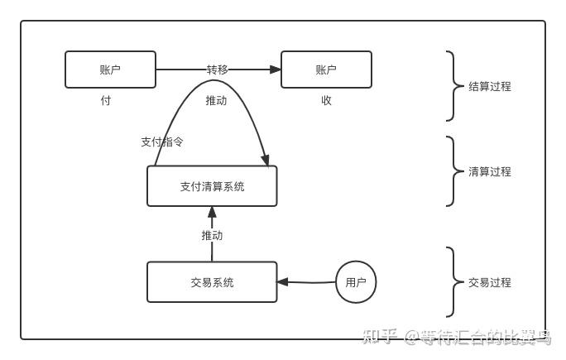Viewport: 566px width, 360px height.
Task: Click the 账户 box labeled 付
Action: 110,70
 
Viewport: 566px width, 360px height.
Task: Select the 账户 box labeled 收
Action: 326,70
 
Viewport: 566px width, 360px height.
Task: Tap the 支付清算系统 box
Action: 212,186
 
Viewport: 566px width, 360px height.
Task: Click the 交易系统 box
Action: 212,282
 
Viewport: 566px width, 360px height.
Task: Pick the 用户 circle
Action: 356,282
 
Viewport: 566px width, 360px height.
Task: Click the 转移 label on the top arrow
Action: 217,70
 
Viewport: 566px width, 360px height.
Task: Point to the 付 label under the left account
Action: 105,100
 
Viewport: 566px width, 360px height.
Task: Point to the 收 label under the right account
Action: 326,100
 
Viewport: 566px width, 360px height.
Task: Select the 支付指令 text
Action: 162,142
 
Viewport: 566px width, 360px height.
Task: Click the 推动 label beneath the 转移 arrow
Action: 216,100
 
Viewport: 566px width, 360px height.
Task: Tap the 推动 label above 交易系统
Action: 212,235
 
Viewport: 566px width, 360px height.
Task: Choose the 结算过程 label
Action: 490,86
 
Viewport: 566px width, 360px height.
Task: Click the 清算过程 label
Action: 490,171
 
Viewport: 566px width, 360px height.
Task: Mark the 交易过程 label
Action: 490,282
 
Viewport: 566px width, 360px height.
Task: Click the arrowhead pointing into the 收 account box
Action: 275,70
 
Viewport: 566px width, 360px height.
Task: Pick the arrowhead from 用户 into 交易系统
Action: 283,282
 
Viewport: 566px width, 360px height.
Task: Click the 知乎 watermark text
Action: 381,335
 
